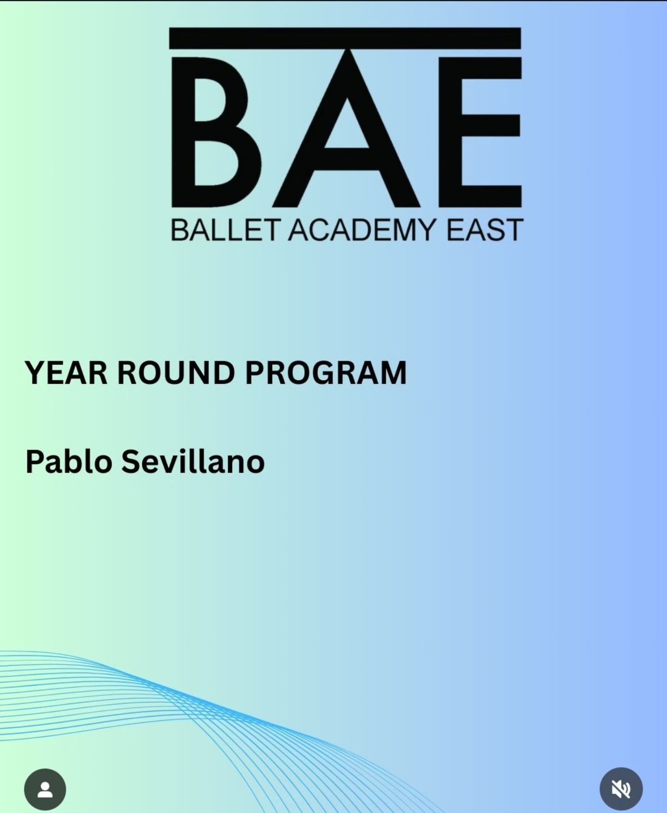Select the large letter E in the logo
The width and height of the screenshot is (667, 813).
[479, 132]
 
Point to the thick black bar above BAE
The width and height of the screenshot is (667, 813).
[345, 38]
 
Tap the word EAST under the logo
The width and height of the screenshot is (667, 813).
[485, 230]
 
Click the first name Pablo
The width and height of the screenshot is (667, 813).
[69, 461]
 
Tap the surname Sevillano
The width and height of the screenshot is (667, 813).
[193, 461]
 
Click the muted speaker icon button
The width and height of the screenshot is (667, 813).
[621, 789]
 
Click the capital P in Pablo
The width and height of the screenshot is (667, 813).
[35, 461]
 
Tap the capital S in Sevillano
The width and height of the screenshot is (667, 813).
[131, 461]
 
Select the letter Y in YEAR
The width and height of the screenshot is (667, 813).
[36, 373]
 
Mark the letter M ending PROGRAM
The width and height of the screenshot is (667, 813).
[393, 373]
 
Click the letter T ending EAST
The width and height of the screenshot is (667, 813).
[514, 230]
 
